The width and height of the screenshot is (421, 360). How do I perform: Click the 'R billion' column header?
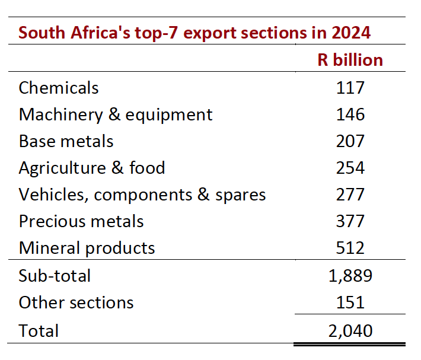click(350, 59)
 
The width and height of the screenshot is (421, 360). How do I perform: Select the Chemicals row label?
click(59, 88)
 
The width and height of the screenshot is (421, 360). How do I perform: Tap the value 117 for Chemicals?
click(350, 88)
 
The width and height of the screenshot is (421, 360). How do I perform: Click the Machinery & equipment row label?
click(116, 115)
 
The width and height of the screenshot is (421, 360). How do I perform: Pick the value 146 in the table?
click(350, 114)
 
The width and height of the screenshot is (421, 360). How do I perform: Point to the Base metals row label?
click(66, 141)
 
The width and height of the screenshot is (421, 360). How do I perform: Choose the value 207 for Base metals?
click(350, 141)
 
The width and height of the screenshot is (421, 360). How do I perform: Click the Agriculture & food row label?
click(92, 168)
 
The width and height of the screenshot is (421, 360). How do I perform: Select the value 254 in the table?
click(350, 168)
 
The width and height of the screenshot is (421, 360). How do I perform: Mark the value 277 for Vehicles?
click(350, 195)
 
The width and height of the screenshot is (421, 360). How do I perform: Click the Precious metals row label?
click(81, 221)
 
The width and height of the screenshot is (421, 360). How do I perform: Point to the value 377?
click(350, 221)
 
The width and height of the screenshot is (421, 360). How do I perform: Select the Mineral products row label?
click(87, 248)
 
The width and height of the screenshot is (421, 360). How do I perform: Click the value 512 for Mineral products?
click(350, 247)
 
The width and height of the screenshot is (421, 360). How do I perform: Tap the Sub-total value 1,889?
click(350, 276)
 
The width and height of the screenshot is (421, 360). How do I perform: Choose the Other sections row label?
click(76, 302)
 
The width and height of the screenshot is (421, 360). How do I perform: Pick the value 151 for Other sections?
click(350, 302)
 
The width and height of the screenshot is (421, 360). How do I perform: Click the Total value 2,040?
click(350, 331)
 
